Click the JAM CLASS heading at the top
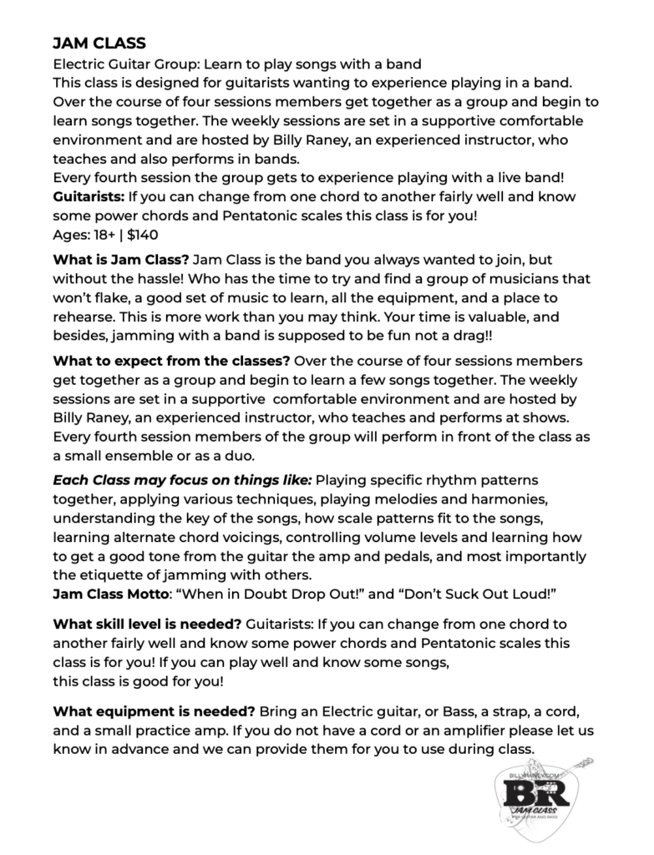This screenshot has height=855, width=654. coord(99,43)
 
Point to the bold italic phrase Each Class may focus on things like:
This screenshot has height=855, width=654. coord(183,480)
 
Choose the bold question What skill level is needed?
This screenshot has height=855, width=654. coord(148,625)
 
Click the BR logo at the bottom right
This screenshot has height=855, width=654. coord(539,797)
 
